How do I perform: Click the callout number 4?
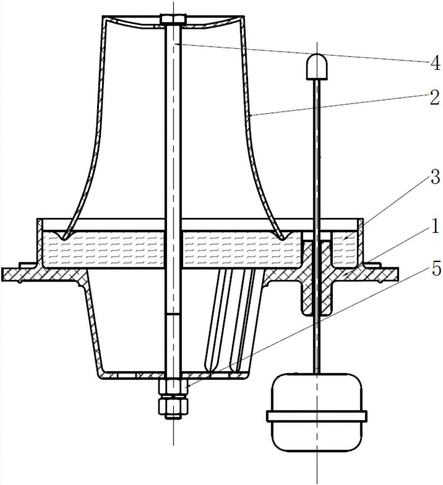435,64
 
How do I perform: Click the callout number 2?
434,98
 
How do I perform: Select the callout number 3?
435,178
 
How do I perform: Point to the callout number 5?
436,269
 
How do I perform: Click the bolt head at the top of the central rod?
173,19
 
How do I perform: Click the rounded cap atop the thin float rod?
317,66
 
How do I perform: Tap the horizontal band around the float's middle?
317,416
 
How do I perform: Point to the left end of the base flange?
2,275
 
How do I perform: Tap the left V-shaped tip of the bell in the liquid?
64,239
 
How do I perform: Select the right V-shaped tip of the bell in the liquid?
283,239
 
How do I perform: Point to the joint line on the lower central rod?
173,314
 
